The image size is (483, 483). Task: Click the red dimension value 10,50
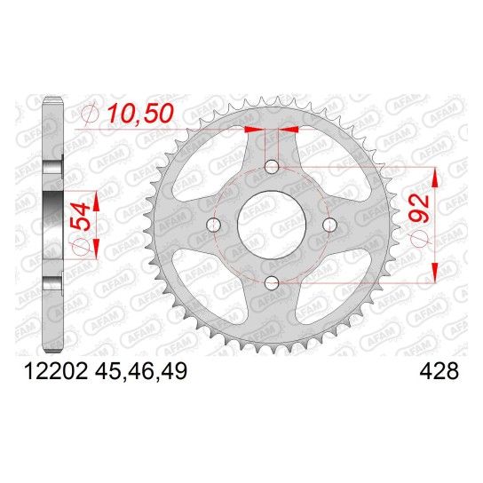(140, 113)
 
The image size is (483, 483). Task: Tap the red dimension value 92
(420, 209)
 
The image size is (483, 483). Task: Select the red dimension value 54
(81, 217)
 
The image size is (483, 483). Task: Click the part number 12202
(55, 371)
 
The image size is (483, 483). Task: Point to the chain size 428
(439, 371)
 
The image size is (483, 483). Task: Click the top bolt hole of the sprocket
(272, 167)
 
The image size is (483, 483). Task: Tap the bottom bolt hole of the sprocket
(272, 282)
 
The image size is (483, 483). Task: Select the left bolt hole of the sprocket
(213, 225)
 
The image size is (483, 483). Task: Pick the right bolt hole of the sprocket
(329, 225)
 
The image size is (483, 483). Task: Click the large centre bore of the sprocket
(272, 225)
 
